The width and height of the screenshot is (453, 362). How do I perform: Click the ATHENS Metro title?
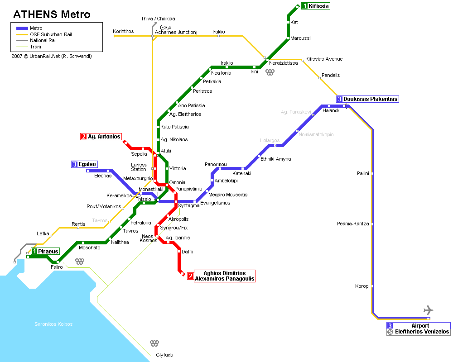click(52, 14)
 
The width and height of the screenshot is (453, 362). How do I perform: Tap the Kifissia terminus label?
click(318, 6)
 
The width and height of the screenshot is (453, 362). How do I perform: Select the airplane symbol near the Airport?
click(428, 310)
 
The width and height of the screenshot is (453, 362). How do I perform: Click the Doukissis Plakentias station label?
click(370, 99)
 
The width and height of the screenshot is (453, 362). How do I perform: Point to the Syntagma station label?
click(188, 206)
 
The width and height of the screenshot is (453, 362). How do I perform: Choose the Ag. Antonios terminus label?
click(104, 137)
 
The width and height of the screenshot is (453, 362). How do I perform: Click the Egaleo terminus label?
click(87, 164)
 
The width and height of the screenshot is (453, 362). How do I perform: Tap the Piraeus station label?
click(48, 251)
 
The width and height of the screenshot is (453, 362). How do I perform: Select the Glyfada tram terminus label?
click(164, 355)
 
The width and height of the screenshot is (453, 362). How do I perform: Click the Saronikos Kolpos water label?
click(53, 324)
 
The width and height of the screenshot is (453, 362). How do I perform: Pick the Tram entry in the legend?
click(35, 47)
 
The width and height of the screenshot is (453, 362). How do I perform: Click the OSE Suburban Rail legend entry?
click(51, 34)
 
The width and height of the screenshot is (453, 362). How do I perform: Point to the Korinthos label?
click(123, 31)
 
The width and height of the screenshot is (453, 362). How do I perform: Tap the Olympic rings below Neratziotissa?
click(270, 72)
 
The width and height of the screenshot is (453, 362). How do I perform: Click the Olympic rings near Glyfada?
click(154, 343)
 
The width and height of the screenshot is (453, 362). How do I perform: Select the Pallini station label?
click(363, 173)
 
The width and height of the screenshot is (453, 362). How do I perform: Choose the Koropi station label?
click(362, 286)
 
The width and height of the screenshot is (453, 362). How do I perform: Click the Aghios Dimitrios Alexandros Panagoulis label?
click(224, 276)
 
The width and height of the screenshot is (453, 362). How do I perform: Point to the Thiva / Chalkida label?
click(158, 19)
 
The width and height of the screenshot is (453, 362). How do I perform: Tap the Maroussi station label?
click(300, 38)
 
